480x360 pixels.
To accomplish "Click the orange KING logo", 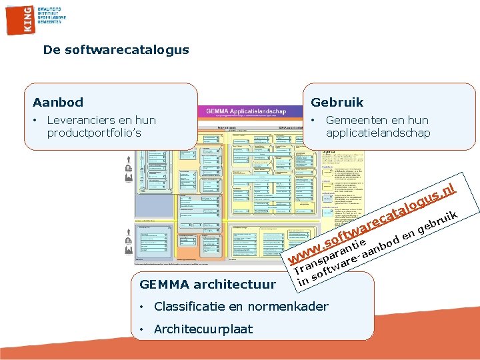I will (x=19, y=18).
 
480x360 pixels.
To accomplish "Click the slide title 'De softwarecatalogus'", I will (x=116, y=49).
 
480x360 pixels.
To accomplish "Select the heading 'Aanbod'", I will (x=58, y=102).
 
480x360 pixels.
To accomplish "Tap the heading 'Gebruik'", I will (x=337, y=102).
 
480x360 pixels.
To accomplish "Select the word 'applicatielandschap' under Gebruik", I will (x=378, y=133).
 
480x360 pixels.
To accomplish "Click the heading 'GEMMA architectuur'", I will (x=207, y=285).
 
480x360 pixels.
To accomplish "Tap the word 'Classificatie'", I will (x=187, y=307).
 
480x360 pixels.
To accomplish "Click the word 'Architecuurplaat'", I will (x=203, y=329).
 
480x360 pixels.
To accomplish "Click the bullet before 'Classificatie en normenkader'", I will (x=143, y=307).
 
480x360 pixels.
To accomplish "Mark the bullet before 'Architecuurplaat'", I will (x=143, y=329).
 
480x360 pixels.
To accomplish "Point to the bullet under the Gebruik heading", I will (x=313, y=120).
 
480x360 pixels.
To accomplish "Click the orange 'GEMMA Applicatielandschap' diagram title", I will (x=246, y=111).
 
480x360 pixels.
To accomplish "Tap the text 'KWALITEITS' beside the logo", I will (x=49, y=8).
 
